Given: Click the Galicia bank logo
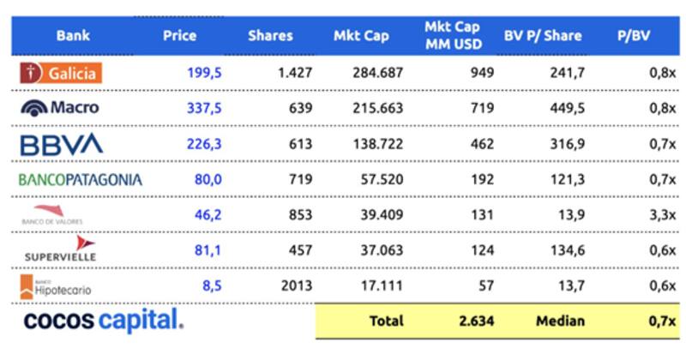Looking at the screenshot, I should [x=61, y=73].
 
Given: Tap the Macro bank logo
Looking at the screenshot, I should [x=60, y=108].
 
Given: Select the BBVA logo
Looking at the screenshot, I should [x=61, y=143].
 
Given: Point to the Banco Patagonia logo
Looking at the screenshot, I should [x=81, y=179].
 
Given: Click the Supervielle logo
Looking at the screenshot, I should [x=61, y=249].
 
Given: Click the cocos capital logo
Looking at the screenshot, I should [x=104, y=321].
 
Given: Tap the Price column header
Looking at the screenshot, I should [x=179, y=36].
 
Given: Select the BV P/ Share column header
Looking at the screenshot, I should [x=543, y=36].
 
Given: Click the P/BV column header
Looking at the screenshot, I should [x=636, y=36].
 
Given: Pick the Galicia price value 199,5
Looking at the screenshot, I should [x=204, y=73].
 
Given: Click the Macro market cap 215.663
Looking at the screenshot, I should [x=377, y=108].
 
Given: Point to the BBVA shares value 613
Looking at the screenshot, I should [x=300, y=144].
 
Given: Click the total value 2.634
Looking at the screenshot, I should [x=475, y=321].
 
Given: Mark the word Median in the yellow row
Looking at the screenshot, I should [x=561, y=321].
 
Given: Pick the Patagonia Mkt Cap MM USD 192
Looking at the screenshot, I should [x=482, y=179].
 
